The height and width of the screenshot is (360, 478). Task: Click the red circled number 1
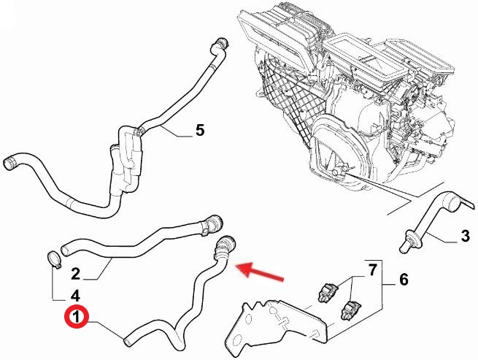76,317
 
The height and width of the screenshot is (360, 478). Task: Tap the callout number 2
75,274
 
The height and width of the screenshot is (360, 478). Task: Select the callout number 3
465,236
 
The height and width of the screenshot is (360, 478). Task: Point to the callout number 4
75,296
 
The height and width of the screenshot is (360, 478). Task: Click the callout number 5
200,130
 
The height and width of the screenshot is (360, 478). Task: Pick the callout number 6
404,279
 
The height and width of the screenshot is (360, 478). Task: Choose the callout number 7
372,269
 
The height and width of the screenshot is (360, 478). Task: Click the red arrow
260,271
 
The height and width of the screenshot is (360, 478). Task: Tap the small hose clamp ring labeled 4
54,258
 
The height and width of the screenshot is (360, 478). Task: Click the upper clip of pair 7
327,291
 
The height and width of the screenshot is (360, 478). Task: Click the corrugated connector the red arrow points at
224,248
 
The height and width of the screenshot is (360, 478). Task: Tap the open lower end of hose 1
128,342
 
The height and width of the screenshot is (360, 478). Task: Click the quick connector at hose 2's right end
212,223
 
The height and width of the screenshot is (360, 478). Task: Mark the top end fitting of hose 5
220,45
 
